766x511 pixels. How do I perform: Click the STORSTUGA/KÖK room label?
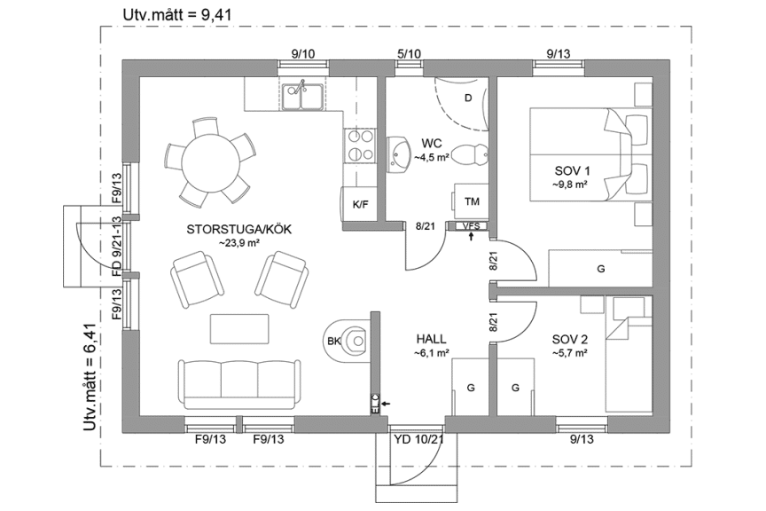[238, 229]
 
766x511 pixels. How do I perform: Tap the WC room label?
[432, 143]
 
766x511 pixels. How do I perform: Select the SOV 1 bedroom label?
[571, 171]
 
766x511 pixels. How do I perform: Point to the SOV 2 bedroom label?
[569, 340]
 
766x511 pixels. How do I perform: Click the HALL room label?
[431, 340]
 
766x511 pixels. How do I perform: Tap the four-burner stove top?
[359, 145]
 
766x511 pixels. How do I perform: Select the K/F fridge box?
[360, 205]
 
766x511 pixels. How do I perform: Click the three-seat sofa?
[237, 382]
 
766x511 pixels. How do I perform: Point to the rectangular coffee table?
[239, 328]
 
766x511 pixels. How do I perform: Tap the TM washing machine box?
[471, 201]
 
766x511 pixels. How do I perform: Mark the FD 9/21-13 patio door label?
[116, 246]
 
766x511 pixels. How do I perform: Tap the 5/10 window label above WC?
[409, 54]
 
